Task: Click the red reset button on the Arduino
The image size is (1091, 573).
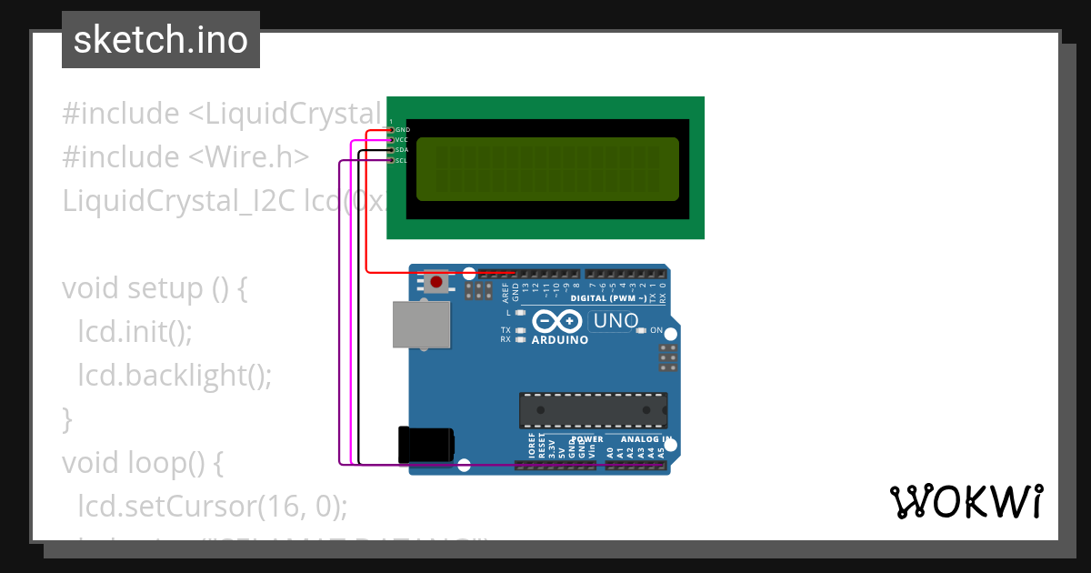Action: pos(436,281)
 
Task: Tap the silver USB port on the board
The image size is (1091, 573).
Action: pos(422,325)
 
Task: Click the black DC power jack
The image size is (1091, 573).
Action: pos(425,445)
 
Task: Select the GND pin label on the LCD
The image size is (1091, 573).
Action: pos(403,130)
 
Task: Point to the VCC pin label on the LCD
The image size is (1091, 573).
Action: pos(402,140)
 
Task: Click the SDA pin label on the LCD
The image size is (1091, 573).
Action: pos(402,150)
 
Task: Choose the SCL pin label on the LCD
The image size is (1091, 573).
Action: pos(402,160)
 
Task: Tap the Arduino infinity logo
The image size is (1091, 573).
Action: pos(556,321)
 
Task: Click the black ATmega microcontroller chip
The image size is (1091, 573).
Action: pos(593,410)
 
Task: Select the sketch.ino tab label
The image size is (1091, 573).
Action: pos(161,40)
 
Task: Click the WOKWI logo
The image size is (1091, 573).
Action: pos(966,502)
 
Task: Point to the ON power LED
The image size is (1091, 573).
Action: pos(642,330)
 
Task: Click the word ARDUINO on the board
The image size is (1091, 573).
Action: pos(559,340)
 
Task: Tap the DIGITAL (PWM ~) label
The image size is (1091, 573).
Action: pos(608,298)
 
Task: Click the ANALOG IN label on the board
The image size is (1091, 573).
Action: pos(646,439)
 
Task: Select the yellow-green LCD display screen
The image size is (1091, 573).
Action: pos(547,169)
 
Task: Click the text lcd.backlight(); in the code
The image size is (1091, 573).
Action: pos(175,375)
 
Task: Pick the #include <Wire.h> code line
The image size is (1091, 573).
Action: pos(185,156)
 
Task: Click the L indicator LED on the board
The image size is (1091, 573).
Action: pos(520,313)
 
